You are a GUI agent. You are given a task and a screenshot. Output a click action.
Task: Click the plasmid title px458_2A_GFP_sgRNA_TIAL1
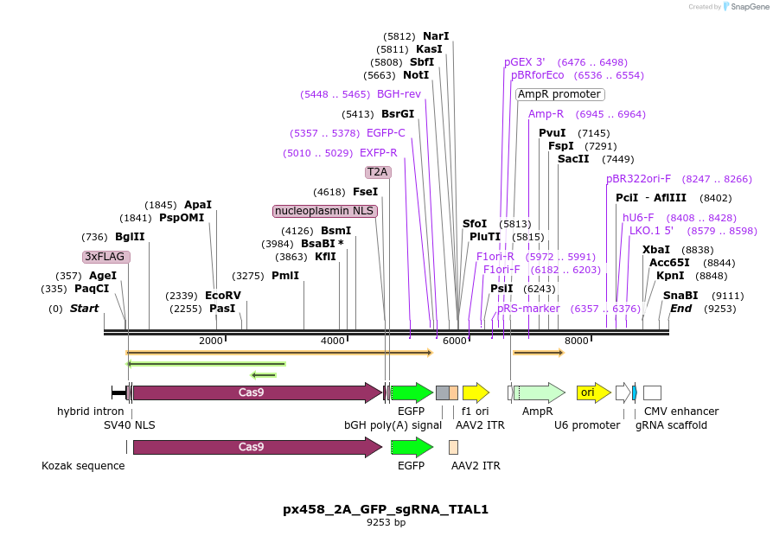point(386,509)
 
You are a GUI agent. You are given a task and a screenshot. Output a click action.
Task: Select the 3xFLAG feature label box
point(106,257)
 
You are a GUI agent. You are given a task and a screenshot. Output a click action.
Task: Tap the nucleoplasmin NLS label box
point(325,211)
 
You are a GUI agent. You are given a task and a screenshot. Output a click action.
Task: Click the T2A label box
point(378,172)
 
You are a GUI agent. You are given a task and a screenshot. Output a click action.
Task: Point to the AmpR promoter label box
point(559,94)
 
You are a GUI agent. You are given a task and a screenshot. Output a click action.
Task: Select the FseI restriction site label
point(365,192)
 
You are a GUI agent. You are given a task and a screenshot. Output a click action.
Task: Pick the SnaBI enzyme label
point(680,296)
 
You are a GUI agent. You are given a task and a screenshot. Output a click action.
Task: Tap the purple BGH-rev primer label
point(399,94)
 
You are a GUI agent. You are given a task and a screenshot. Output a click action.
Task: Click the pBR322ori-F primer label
point(638,179)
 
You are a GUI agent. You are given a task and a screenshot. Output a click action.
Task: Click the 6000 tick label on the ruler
point(455,341)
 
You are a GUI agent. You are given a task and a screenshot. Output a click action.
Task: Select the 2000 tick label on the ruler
point(211,341)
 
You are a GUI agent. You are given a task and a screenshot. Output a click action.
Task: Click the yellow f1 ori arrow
point(476,393)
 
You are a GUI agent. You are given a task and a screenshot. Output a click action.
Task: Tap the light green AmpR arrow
point(540,393)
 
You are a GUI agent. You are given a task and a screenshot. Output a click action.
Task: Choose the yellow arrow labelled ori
point(593,393)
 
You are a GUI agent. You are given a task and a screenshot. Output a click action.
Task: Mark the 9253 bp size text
point(386,523)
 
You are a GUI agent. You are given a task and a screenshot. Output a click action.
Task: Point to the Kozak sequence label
point(83,466)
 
